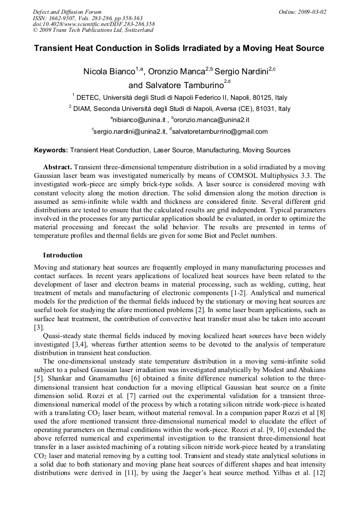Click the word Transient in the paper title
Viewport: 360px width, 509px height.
(x=55, y=48)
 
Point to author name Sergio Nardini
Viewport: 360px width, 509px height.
(x=241, y=72)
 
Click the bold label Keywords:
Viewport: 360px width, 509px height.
(x=51, y=150)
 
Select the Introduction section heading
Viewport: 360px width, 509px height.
(x=63, y=255)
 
